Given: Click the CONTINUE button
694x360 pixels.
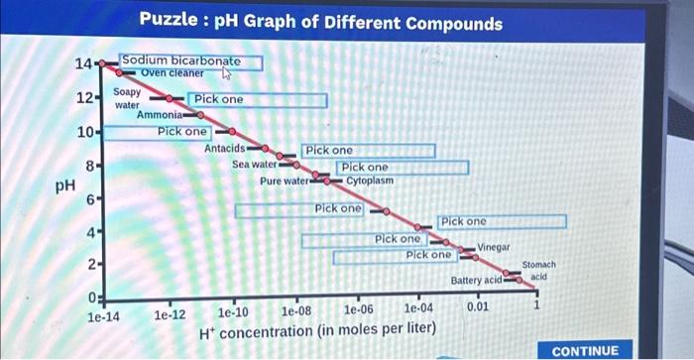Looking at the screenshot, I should tap(584, 350).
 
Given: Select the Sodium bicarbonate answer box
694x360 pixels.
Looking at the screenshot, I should tap(191, 61).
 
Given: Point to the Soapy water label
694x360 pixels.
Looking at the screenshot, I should tap(127, 98).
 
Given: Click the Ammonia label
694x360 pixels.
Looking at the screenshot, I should tap(159, 115).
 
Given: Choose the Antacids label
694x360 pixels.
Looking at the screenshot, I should tap(224, 148).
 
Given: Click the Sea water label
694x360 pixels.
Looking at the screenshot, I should tap(254, 165).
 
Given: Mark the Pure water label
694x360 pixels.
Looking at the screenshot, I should tap(285, 181).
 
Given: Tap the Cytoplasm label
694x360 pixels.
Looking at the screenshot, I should tap(370, 181).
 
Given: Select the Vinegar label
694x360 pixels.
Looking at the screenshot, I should tap(494, 246).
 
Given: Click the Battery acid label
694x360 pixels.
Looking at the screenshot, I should tap(477, 282).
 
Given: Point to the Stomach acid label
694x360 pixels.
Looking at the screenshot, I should tap(538, 271).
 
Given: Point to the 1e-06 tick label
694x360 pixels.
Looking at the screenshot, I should tap(359, 311).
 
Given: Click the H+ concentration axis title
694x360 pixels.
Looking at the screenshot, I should tap(316, 331).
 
